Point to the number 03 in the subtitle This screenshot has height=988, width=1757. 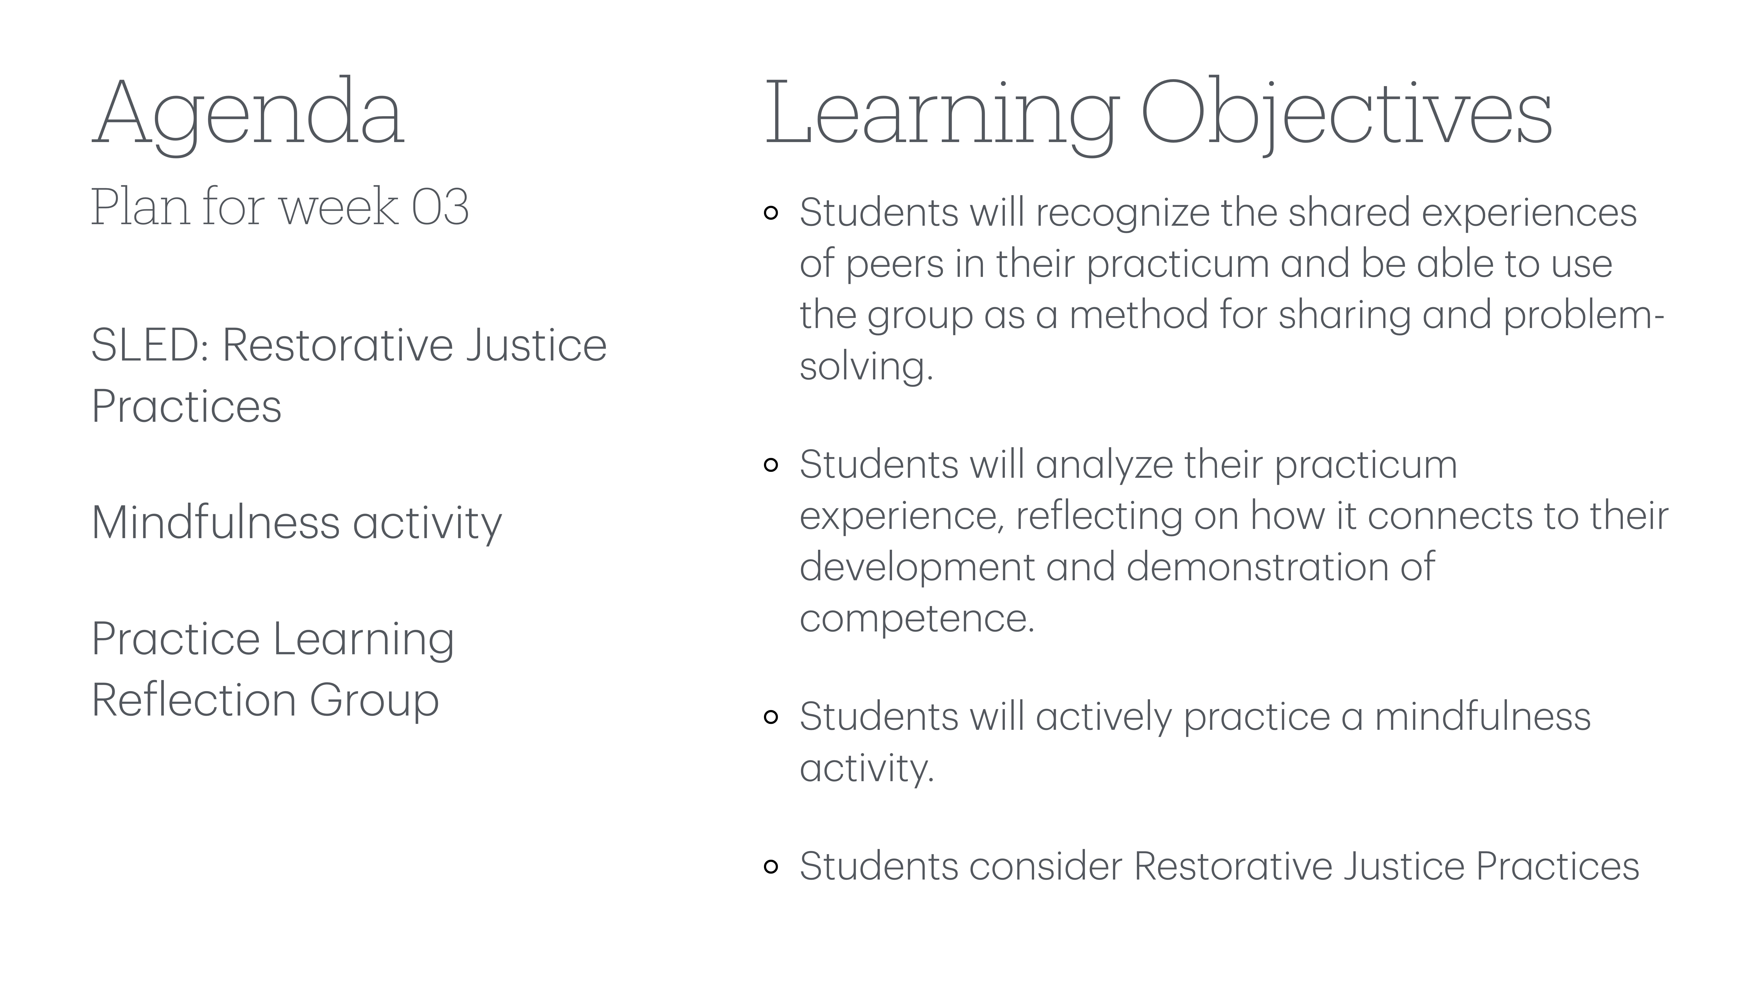tap(440, 207)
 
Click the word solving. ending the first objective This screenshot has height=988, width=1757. tap(865, 367)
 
